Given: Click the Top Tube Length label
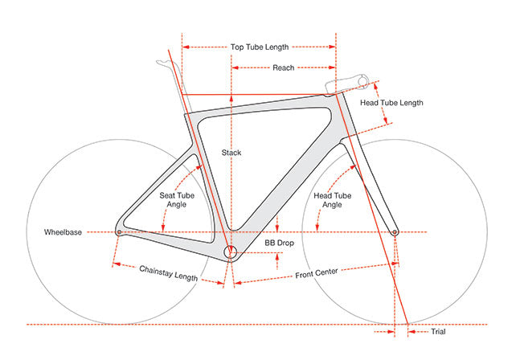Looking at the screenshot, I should click(x=259, y=47).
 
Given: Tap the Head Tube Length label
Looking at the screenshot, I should click(x=391, y=103).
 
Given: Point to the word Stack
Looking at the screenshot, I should click(x=231, y=152).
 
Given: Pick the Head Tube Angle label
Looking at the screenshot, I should click(x=332, y=200).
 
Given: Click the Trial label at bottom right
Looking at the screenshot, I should click(x=438, y=331).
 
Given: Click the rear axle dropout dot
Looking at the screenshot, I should click(x=119, y=232).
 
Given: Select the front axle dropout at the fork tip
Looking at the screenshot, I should click(x=395, y=232).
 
